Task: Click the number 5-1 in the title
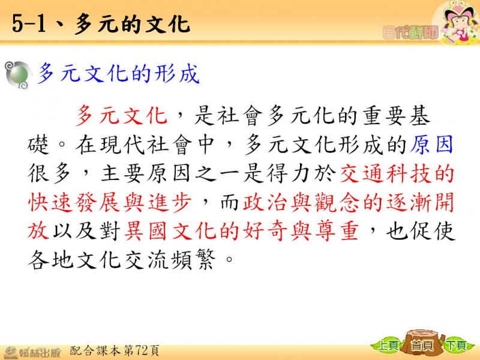pyautogui.click(x=29, y=24)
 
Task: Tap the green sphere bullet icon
pyautogui.click(x=19, y=75)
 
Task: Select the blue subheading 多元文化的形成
pyautogui.click(x=118, y=73)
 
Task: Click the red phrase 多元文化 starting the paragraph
pyautogui.click(x=122, y=115)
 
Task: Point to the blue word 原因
pyautogui.click(x=431, y=144)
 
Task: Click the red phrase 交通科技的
pyautogui.click(x=397, y=173)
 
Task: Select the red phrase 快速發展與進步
pyautogui.click(x=110, y=202)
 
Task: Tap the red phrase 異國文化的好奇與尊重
pyautogui.click(x=241, y=231)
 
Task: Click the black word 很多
pyautogui.click(x=49, y=173)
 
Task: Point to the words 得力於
pyautogui.click(x=301, y=173)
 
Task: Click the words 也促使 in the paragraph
pyautogui.click(x=421, y=231)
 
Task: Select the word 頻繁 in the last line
pyautogui.click(x=192, y=260)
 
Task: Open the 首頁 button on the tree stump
pyautogui.click(x=422, y=346)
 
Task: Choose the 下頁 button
pyautogui.click(x=456, y=346)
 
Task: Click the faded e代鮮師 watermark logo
pyautogui.click(x=410, y=32)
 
